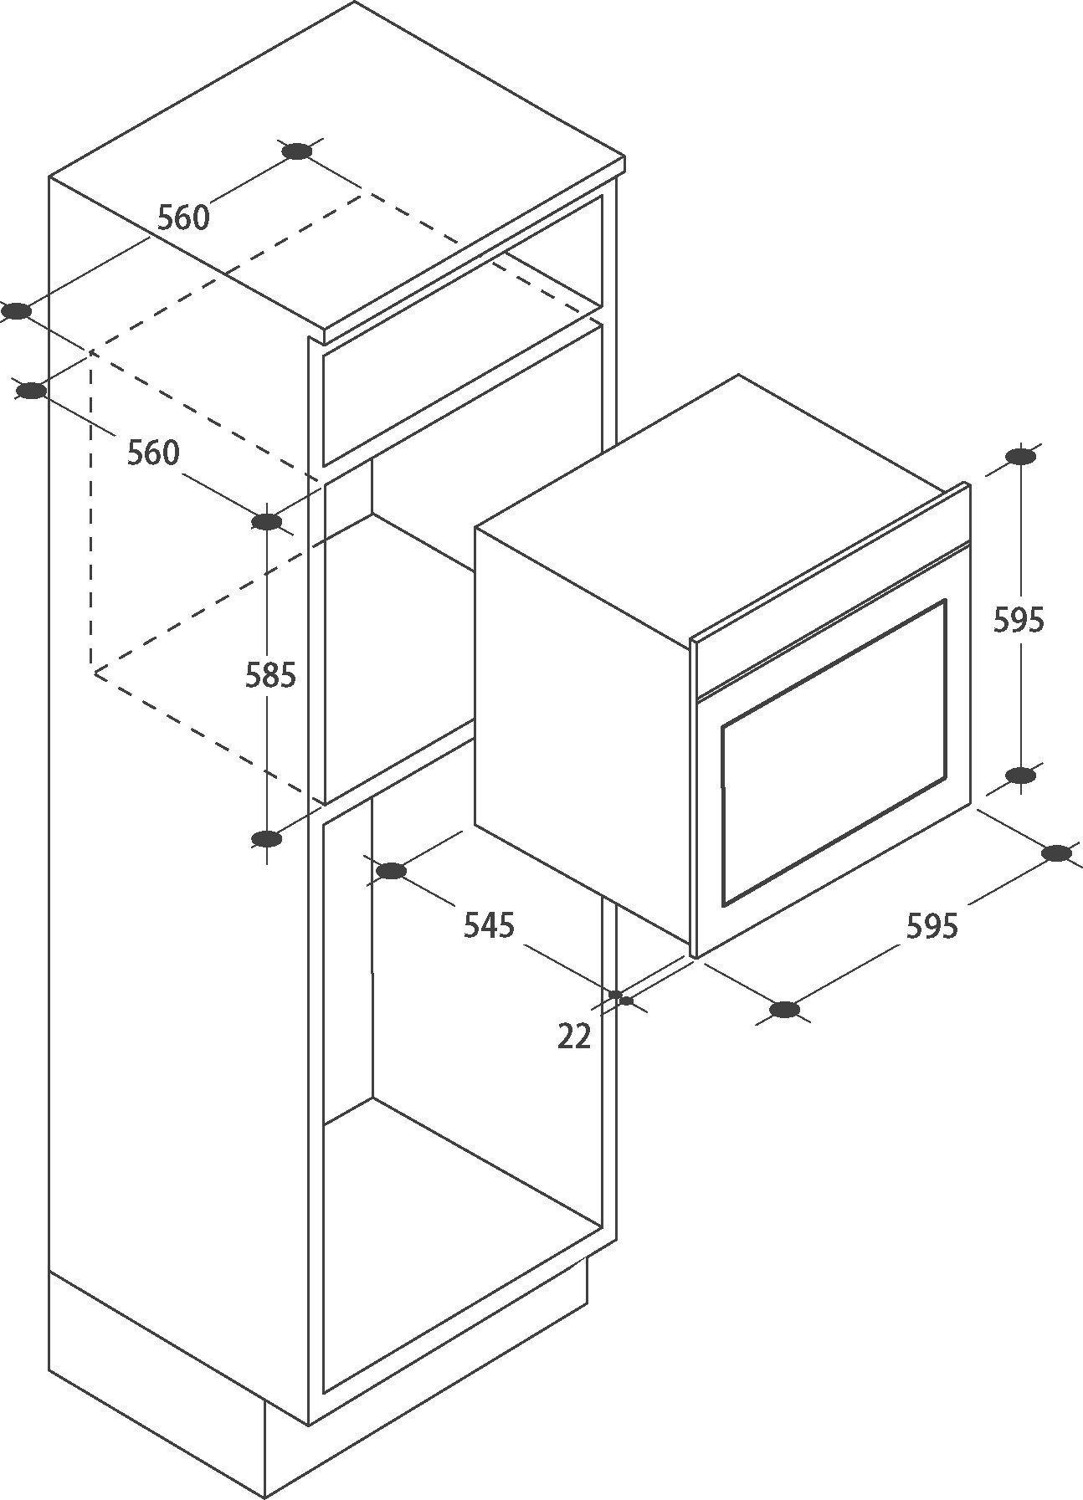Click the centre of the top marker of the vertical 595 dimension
[1020, 457]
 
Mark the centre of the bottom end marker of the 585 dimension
[266, 839]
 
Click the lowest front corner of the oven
[695, 958]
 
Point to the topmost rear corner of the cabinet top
[355, 2]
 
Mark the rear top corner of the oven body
[737, 375]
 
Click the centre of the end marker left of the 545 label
[391, 872]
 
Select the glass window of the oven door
[834, 753]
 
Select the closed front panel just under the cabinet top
[462, 394]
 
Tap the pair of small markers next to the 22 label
[621, 997]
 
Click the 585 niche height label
[270, 675]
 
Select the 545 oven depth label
[489, 925]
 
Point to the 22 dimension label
[574, 1037]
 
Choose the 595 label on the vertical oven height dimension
[1019, 620]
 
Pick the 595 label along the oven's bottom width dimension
[932, 926]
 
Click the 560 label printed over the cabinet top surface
[183, 218]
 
